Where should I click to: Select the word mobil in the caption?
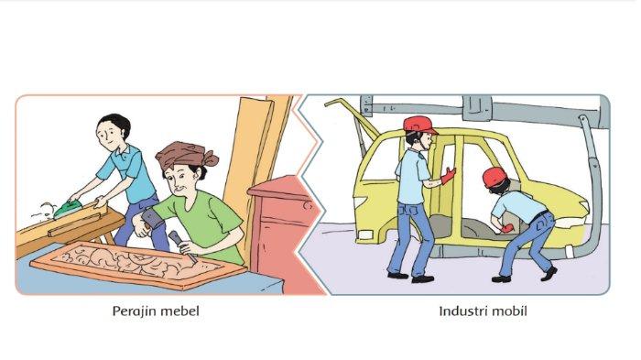(x=510, y=311)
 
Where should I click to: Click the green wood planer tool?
(x=67, y=210)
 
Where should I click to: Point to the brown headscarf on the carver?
(x=186, y=155)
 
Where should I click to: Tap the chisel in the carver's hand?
(x=183, y=246)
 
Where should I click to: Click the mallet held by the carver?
(x=152, y=220)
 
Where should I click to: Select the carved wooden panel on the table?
(x=137, y=264)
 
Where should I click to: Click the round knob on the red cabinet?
(x=308, y=205)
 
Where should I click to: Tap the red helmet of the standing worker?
(x=419, y=125)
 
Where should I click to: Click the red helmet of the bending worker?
(x=494, y=177)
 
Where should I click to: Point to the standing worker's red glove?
(x=448, y=176)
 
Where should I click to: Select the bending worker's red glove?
(x=507, y=227)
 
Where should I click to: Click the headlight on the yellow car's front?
(x=365, y=235)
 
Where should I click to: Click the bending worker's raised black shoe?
(x=549, y=273)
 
